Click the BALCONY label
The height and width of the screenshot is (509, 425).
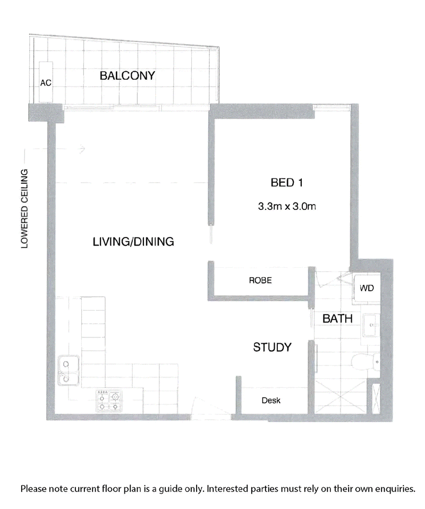[127, 75]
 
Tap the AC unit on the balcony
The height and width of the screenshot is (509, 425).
[46, 82]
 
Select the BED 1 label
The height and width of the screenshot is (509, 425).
[287, 183]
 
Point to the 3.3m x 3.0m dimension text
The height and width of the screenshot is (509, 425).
[287, 206]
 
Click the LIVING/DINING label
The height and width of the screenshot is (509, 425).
[133, 242]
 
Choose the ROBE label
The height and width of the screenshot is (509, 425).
[260, 281]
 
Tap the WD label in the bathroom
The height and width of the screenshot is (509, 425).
[367, 288]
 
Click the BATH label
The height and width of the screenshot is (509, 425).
[337, 319]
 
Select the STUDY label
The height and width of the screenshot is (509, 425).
[272, 347]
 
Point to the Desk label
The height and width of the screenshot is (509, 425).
[271, 401]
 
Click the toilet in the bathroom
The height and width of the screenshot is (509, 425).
[366, 362]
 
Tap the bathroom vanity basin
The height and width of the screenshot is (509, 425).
[371, 325]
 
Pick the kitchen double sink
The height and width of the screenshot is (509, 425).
[69, 370]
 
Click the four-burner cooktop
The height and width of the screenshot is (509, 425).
[109, 401]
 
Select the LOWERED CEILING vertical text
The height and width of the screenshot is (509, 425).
[24, 209]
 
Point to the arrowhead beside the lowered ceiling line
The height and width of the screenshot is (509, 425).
[83, 149]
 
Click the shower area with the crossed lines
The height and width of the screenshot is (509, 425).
[341, 397]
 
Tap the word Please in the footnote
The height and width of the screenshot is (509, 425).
[33, 489]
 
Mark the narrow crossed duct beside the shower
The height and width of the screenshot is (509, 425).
[376, 399]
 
